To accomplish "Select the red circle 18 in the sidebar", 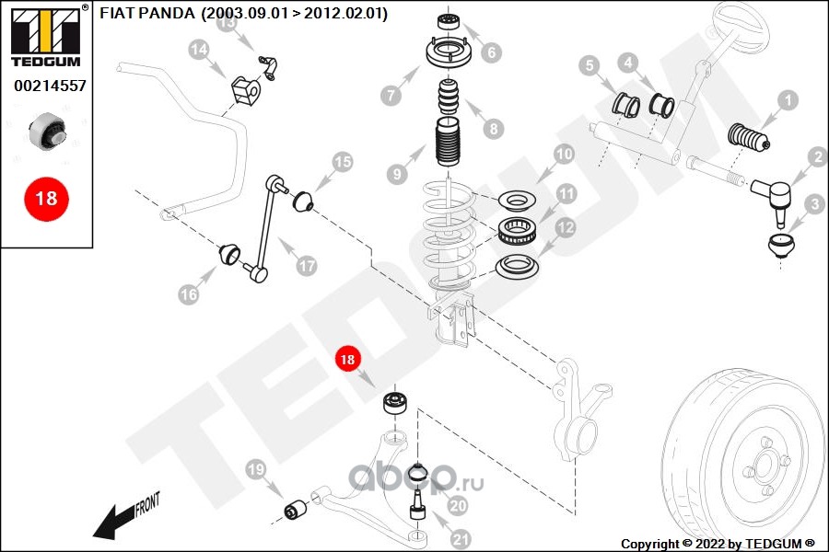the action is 45,197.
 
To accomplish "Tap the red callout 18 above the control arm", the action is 348,361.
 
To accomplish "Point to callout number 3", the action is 814,204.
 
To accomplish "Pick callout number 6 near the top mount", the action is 491,52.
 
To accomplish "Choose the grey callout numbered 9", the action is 397,172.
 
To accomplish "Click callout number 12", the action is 564,227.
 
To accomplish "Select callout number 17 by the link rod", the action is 306,265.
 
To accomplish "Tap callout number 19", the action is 257,471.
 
